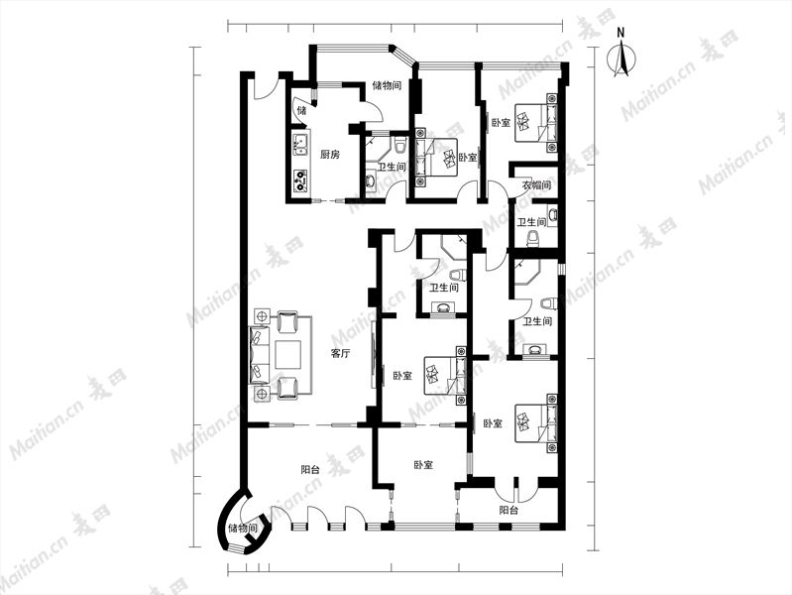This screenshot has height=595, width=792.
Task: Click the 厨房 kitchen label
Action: [x=329, y=155]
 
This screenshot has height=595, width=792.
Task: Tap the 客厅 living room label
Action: [x=340, y=354]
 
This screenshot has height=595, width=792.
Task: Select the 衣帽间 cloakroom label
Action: [x=536, y=185]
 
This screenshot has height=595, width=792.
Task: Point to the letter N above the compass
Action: [x=621, y=33]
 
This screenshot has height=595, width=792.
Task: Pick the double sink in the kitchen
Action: [x=301, y=144]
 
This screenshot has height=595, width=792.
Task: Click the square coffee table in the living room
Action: [x=287, y=354]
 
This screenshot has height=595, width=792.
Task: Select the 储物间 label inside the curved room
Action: [x=243, y=529]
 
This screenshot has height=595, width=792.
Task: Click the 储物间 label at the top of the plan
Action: [x=387, y=85]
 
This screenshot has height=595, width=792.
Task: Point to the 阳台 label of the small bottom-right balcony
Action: [x=509, y=510]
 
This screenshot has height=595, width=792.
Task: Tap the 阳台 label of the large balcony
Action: [x=310, y=470]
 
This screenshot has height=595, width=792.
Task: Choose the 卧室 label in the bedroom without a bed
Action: [x=423, y=465]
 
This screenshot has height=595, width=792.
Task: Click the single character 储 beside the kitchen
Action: [x=301, y=111]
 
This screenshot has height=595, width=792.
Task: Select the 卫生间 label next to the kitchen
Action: [x=393, y=167]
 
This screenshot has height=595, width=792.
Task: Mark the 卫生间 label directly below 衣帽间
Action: [x=532, y=222]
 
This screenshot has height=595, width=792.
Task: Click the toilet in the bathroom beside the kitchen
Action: [x=400, y=145]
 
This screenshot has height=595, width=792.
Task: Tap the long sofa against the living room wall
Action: [x=258, y=354]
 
